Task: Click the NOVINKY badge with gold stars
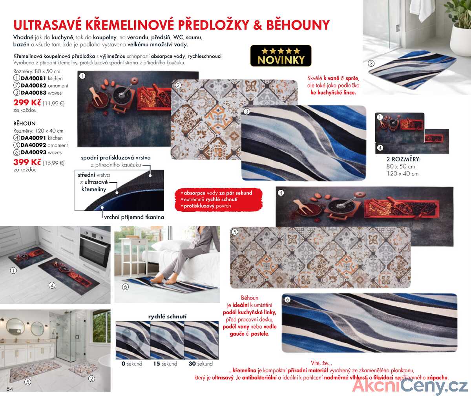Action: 281,56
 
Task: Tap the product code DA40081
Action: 33,78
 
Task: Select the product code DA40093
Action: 33,152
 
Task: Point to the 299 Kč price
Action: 27,102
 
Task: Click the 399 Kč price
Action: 27,162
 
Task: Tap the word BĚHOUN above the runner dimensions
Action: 24,123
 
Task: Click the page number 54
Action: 9,389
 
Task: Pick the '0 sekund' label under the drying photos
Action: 132,364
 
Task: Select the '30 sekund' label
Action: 201,364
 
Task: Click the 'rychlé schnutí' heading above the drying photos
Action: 167,317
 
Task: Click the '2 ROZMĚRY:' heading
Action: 403,159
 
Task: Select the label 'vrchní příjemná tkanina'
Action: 134,217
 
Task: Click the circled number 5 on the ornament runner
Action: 235,232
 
